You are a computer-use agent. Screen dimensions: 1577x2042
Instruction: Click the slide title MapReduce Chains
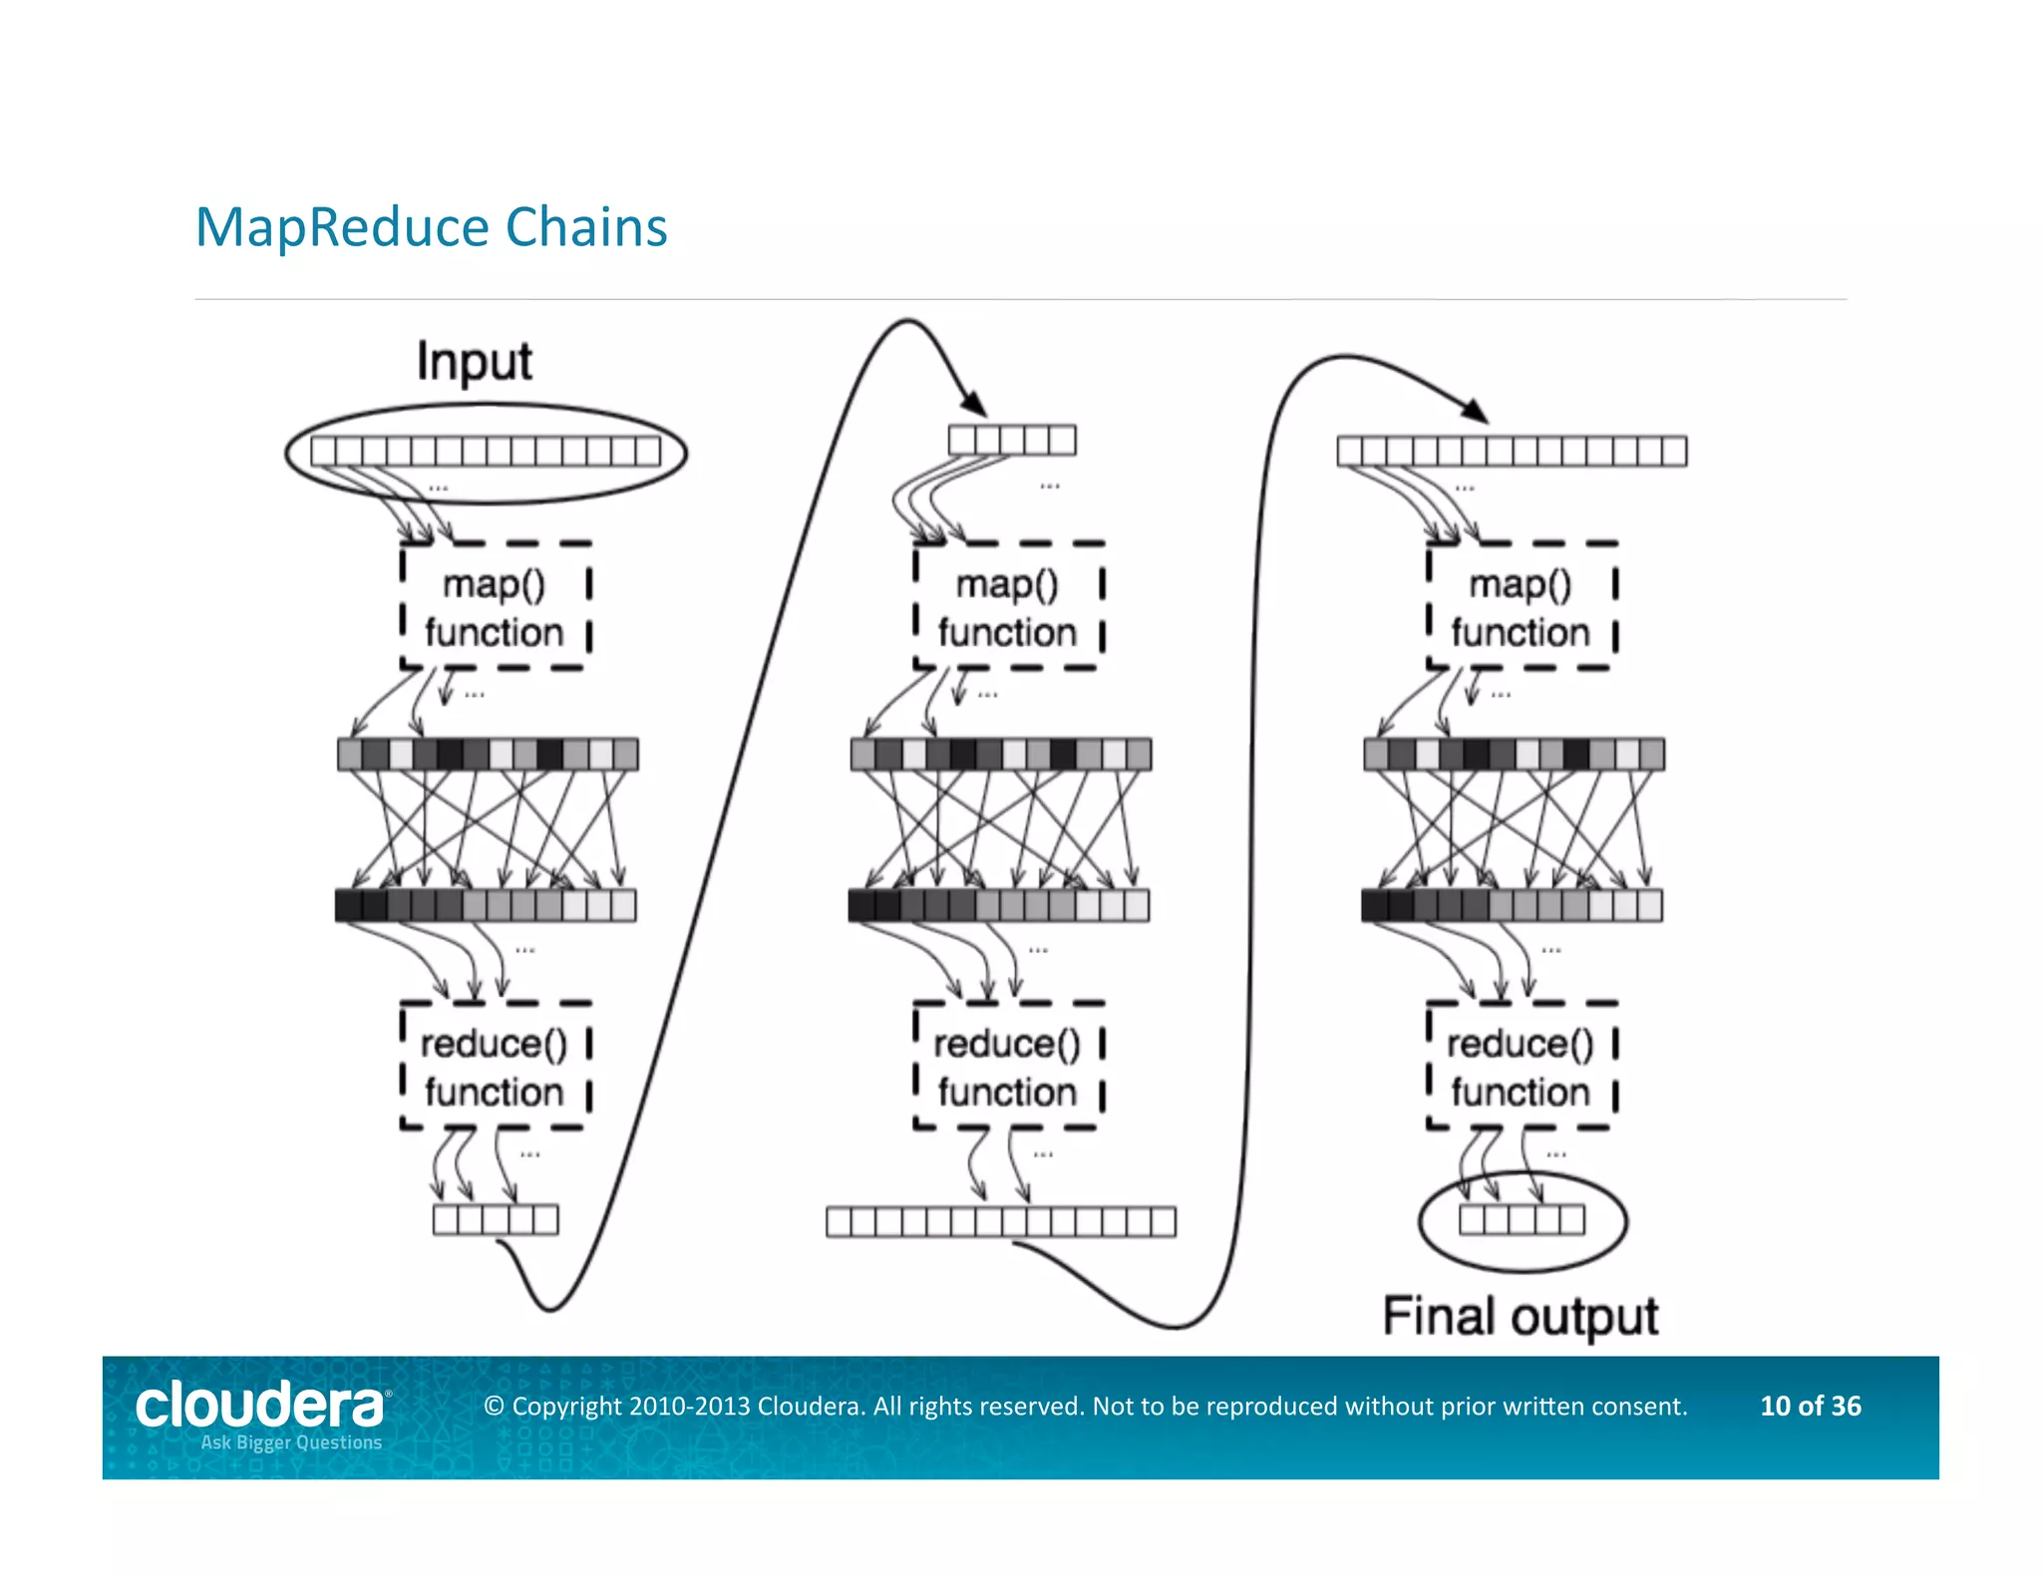point(431,227)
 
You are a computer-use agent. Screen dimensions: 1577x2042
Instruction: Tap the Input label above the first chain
point(475,361)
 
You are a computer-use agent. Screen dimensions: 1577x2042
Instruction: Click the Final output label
point(1520,1317)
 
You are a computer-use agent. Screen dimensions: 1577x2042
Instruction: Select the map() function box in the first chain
point(495,606)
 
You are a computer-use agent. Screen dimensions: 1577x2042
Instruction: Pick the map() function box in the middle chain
point(1008,606)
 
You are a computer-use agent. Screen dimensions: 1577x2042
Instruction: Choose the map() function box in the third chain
point(1521,606)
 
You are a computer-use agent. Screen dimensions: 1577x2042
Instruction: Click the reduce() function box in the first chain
point(495,1067)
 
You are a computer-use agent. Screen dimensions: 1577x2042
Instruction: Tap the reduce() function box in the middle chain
point(1008,1067)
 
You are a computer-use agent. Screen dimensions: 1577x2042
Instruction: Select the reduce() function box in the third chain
point(1521,1067)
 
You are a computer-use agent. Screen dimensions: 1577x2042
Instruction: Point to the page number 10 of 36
point(1810,1406)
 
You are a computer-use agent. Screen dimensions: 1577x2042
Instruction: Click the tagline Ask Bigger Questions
point(291,1442)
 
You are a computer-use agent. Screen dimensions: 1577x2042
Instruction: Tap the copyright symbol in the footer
point(494,1407)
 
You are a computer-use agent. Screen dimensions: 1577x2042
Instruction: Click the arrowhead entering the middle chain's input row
point(974,404)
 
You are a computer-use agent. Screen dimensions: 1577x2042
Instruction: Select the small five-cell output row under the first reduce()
point(496,1219)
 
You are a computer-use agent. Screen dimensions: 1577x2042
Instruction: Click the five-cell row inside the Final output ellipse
point(1522,1219)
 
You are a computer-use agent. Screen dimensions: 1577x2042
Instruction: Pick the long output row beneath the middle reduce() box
point(1001,1221)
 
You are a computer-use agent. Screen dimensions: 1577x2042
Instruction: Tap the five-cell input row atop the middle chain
point(1012,440)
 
